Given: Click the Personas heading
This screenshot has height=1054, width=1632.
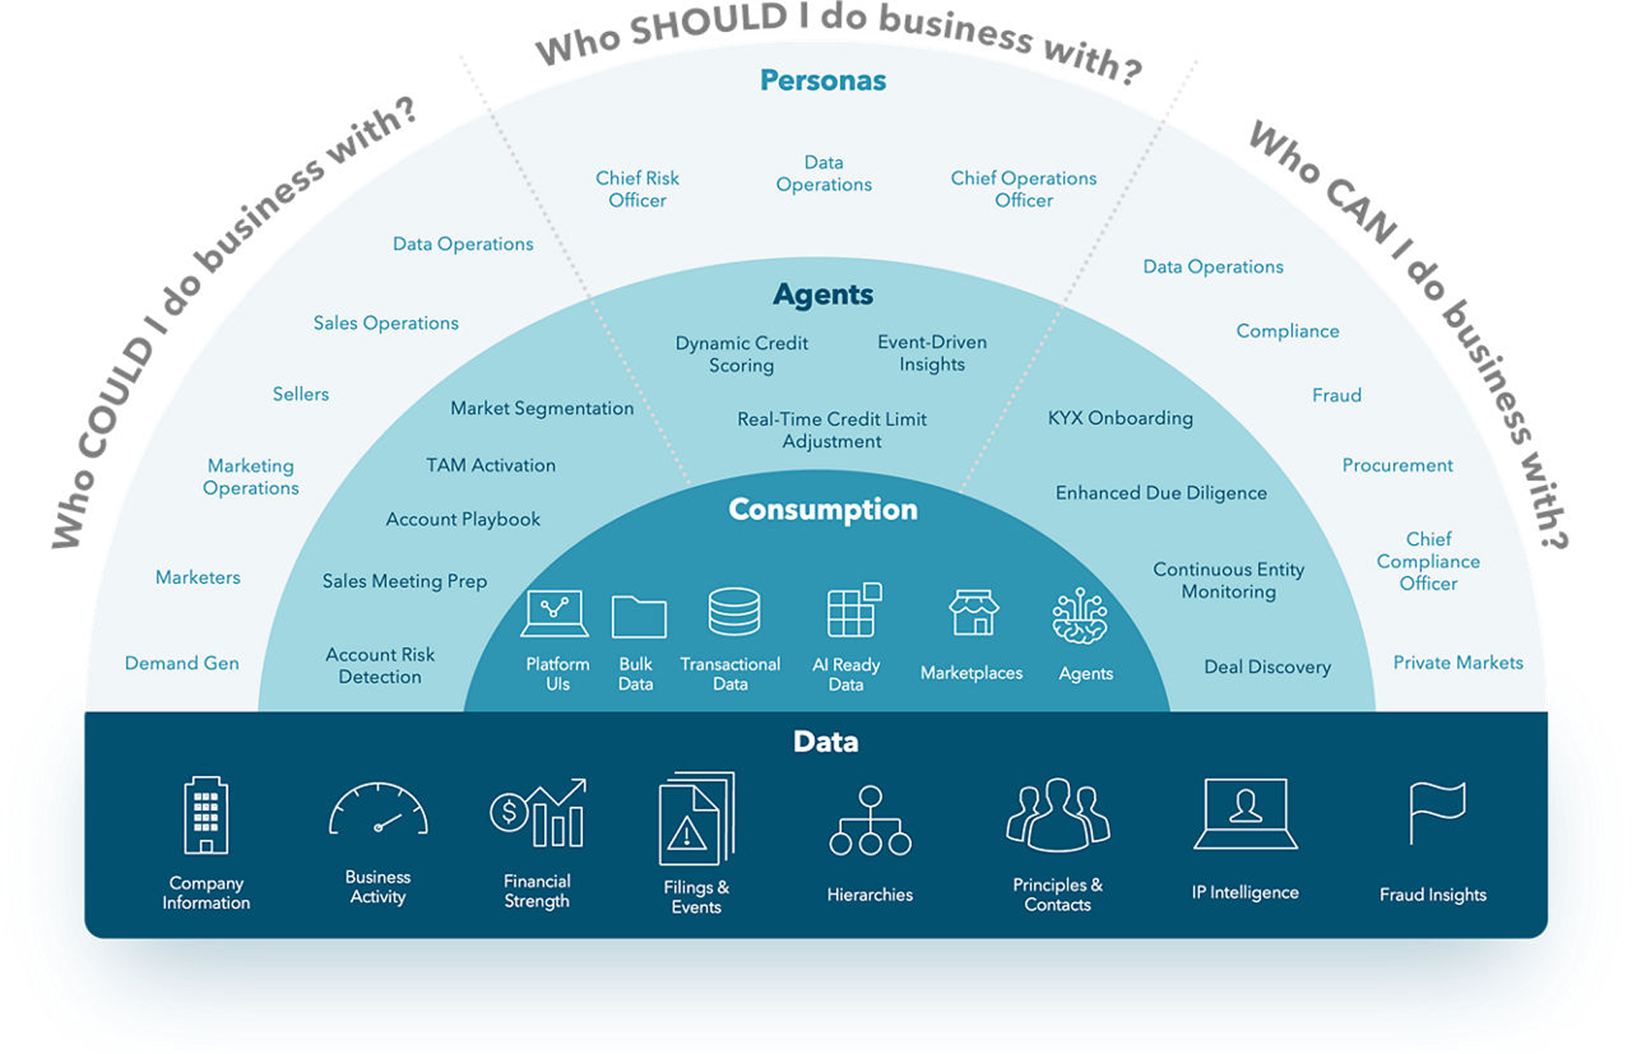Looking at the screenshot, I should (x=822, y=81).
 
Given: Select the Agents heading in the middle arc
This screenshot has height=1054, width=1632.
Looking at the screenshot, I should (x=822, y=294).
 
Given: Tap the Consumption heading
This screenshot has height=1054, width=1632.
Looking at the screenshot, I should (x=822, y=509).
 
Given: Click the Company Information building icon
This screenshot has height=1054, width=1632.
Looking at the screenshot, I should (x=206, y=815).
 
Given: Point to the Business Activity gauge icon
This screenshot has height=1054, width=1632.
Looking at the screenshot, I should (x=378, y=811).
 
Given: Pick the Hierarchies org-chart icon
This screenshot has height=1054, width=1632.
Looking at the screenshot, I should (x=870, y=821).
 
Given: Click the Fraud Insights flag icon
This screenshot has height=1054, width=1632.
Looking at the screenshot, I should (x=1436, y=813).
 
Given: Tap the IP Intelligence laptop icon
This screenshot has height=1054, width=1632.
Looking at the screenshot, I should (x=1245, y=813).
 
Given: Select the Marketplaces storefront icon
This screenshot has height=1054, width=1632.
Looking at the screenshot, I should (x=973, y=613).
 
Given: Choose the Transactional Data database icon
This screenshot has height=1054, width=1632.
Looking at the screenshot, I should (x=734, y=612).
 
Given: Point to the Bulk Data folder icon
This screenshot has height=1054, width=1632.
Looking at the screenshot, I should (x=638, y=616).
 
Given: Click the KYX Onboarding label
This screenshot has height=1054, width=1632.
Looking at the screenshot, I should (x=1119, y=418).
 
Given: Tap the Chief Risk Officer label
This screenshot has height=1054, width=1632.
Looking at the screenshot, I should (x=637, y=189).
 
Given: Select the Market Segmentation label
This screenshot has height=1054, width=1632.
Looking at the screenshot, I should (x=541, y=409).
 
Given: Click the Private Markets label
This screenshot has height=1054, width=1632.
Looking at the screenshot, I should (x=1457, y=663).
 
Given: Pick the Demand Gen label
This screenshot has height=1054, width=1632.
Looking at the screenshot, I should (x=181, y=664).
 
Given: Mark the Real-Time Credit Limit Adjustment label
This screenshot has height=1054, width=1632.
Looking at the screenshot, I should (x=831, y=430).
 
